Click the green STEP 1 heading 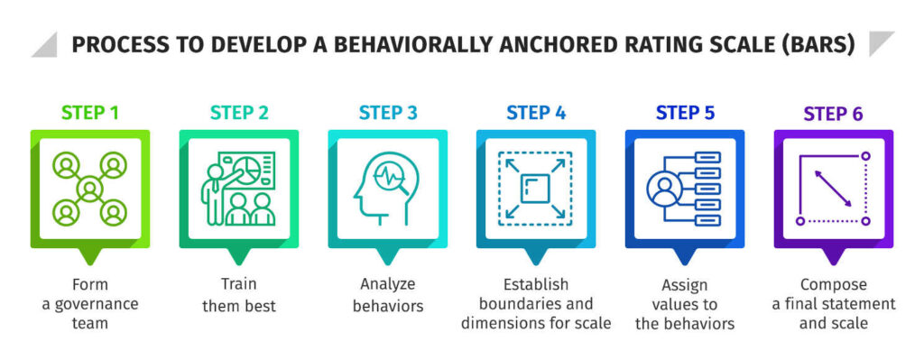pos(89,113)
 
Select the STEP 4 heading pos(536,113)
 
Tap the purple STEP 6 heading pos(833,114)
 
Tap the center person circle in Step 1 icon pos(89,189)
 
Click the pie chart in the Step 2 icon pos(249,169)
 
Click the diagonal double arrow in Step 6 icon pos(833,189)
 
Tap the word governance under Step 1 pos(90,304)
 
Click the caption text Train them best pos(238,295)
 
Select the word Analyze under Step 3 pos(388,284)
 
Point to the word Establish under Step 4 pos(536,284)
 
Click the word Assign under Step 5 pos(684,286)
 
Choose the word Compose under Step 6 pos(833,285)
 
